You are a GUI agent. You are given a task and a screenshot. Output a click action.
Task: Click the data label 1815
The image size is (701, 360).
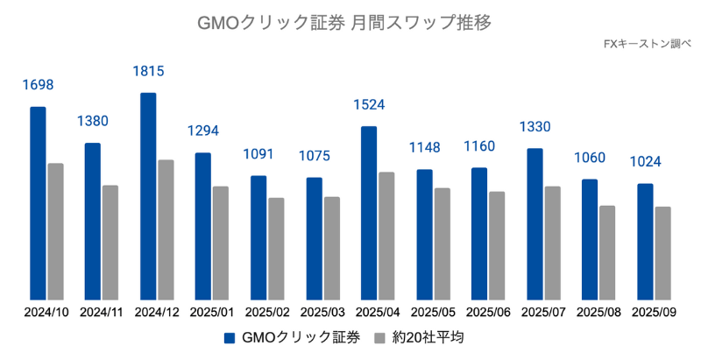(x=148, y=71)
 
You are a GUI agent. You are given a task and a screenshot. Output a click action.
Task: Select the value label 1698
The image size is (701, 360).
(x=38, y=85)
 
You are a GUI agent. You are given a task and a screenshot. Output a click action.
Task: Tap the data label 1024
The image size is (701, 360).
(x=645, y=162)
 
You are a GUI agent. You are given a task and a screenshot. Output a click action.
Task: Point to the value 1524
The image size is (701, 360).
(x=369, y=105)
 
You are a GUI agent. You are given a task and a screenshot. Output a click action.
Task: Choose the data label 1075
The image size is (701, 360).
(x=314, y=156)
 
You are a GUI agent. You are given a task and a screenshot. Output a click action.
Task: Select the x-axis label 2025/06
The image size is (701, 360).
(x=489, y=312)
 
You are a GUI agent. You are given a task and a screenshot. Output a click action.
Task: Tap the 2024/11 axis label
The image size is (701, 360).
(x=102, y=312)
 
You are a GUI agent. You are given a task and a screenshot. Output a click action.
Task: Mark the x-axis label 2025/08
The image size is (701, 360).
(x=599, y=312)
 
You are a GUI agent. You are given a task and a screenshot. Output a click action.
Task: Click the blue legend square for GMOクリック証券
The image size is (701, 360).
(x=230, y=338)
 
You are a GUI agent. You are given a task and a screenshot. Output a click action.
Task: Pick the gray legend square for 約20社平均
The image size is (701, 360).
(x=379, y=338)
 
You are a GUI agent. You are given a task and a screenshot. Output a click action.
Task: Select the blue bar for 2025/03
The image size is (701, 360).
(x=314, y=237)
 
